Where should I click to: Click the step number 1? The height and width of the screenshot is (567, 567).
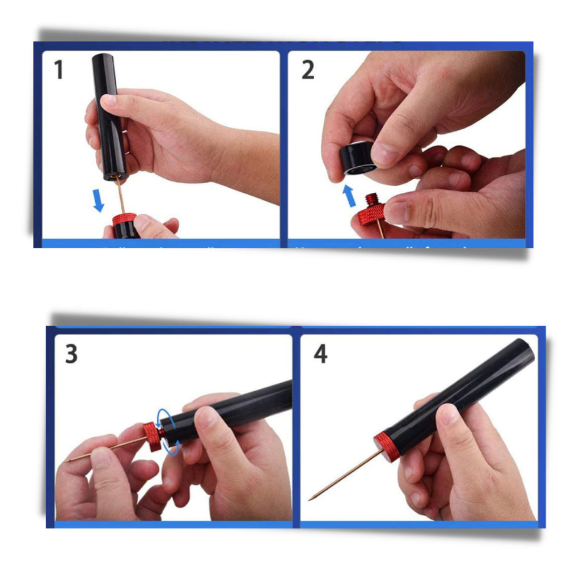(x=58, y=70)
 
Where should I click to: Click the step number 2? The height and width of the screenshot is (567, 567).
(x=307, y=70)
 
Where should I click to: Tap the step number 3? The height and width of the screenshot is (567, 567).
(x=71, y=354)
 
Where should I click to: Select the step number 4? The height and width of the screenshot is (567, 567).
(x=320, y=354)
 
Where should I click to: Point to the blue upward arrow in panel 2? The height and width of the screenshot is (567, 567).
(x=349, y=196)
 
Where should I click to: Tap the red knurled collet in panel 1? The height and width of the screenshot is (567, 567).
(x=124, y=219)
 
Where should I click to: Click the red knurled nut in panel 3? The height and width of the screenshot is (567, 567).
(x=152, y=436)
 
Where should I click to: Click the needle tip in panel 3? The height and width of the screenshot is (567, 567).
(x=68, y=460)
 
